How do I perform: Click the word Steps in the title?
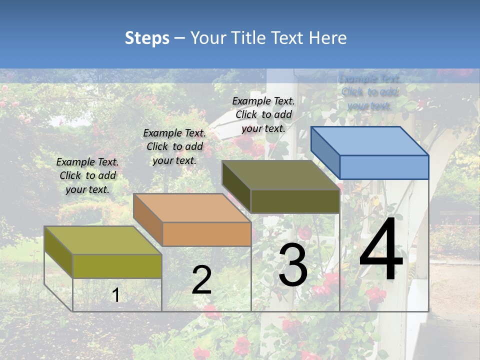[x=147, y=38]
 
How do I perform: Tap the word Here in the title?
[x=327, y=38]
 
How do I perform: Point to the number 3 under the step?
[x=293, y=265]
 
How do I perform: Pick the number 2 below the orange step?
[x=201, y=280]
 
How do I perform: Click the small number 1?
[x=116, y=295]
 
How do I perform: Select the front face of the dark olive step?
[x=295, y=201]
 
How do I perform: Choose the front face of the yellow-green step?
[x=117, y=266]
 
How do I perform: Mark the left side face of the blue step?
[x=325, y=152]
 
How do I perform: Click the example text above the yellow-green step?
[x=87, y=175]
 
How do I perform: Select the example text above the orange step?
[x=174, y=146]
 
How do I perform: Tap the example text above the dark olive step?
[x=263, y=114]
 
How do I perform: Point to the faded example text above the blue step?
[x=369, y=92]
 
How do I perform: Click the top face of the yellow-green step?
[x=103, y=240]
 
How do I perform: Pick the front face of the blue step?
[x=384, y=167]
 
